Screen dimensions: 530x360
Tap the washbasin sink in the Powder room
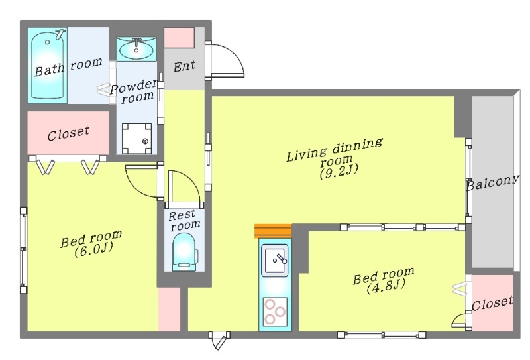click(136, 49)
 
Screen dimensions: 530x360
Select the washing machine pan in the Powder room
click(136, 139)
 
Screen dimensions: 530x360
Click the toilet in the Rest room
click(184, 253)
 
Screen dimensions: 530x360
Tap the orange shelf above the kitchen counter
click(273, 231)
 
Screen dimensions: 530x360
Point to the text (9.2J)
click(339, 172)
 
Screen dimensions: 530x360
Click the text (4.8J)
click(386, 287)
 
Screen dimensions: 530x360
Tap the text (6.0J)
click(93, 251)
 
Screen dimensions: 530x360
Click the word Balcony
click(492, 182)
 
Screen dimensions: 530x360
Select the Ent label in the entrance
click(184, 66)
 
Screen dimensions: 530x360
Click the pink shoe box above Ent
click(179, 38)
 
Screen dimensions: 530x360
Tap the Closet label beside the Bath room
click(68, 133)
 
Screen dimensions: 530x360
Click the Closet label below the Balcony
click(492, 303)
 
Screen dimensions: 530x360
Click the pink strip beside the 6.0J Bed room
click(169, 309)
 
